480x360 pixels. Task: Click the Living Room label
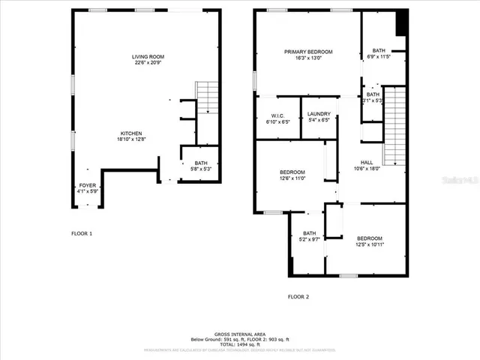[x=148, y=57]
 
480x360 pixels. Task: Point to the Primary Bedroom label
[x=307, y=52]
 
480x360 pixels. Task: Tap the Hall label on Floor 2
[x=367, y=163]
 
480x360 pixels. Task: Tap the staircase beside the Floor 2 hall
[x=394, y=126]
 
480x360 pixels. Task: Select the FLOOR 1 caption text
[x=82, y=234]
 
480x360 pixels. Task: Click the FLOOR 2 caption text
[x=298, y=296]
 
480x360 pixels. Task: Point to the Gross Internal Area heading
[x=240, y=333]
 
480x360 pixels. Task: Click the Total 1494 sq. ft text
[x=240, y=343]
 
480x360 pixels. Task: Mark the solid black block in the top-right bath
[x=401, y=23]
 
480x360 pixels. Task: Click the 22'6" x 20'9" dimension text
[x=148, y=63]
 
